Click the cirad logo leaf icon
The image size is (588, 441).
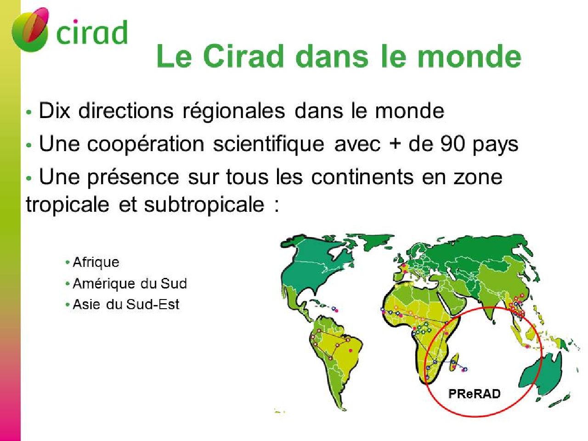click(x=30, y=30)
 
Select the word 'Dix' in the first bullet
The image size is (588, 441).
click(x=55, y=111)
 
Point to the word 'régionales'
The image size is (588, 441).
click(x=233, y=111)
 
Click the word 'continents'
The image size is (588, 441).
click(x=362, y=177)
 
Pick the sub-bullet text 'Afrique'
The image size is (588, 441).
click(x=96, y=262)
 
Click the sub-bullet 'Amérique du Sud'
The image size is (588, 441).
click(x=130, y=283)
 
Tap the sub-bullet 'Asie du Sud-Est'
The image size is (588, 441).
click(x=126, y=305)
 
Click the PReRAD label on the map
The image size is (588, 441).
click(x=474, y=394)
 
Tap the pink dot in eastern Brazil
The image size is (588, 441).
click(x=351, y=350)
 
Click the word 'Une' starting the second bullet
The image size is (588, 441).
click(x=59, y=144)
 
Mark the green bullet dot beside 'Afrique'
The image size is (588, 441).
click(x=68, y=262)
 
